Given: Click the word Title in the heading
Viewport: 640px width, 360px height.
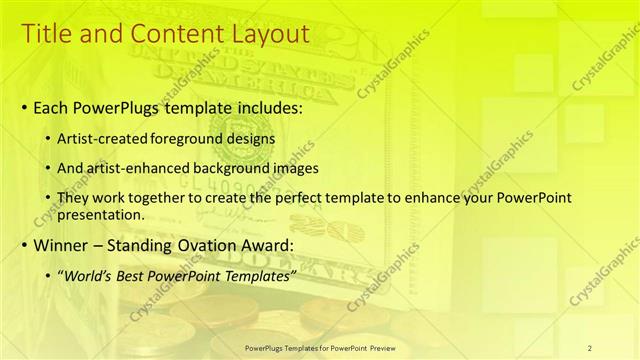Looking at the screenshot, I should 46,33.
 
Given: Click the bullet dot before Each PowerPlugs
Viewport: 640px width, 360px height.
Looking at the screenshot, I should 24,105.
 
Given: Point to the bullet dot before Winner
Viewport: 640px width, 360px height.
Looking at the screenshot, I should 24,246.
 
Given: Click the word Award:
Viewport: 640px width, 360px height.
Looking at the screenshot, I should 295,246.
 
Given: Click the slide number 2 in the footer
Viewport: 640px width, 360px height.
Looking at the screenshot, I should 590,347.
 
